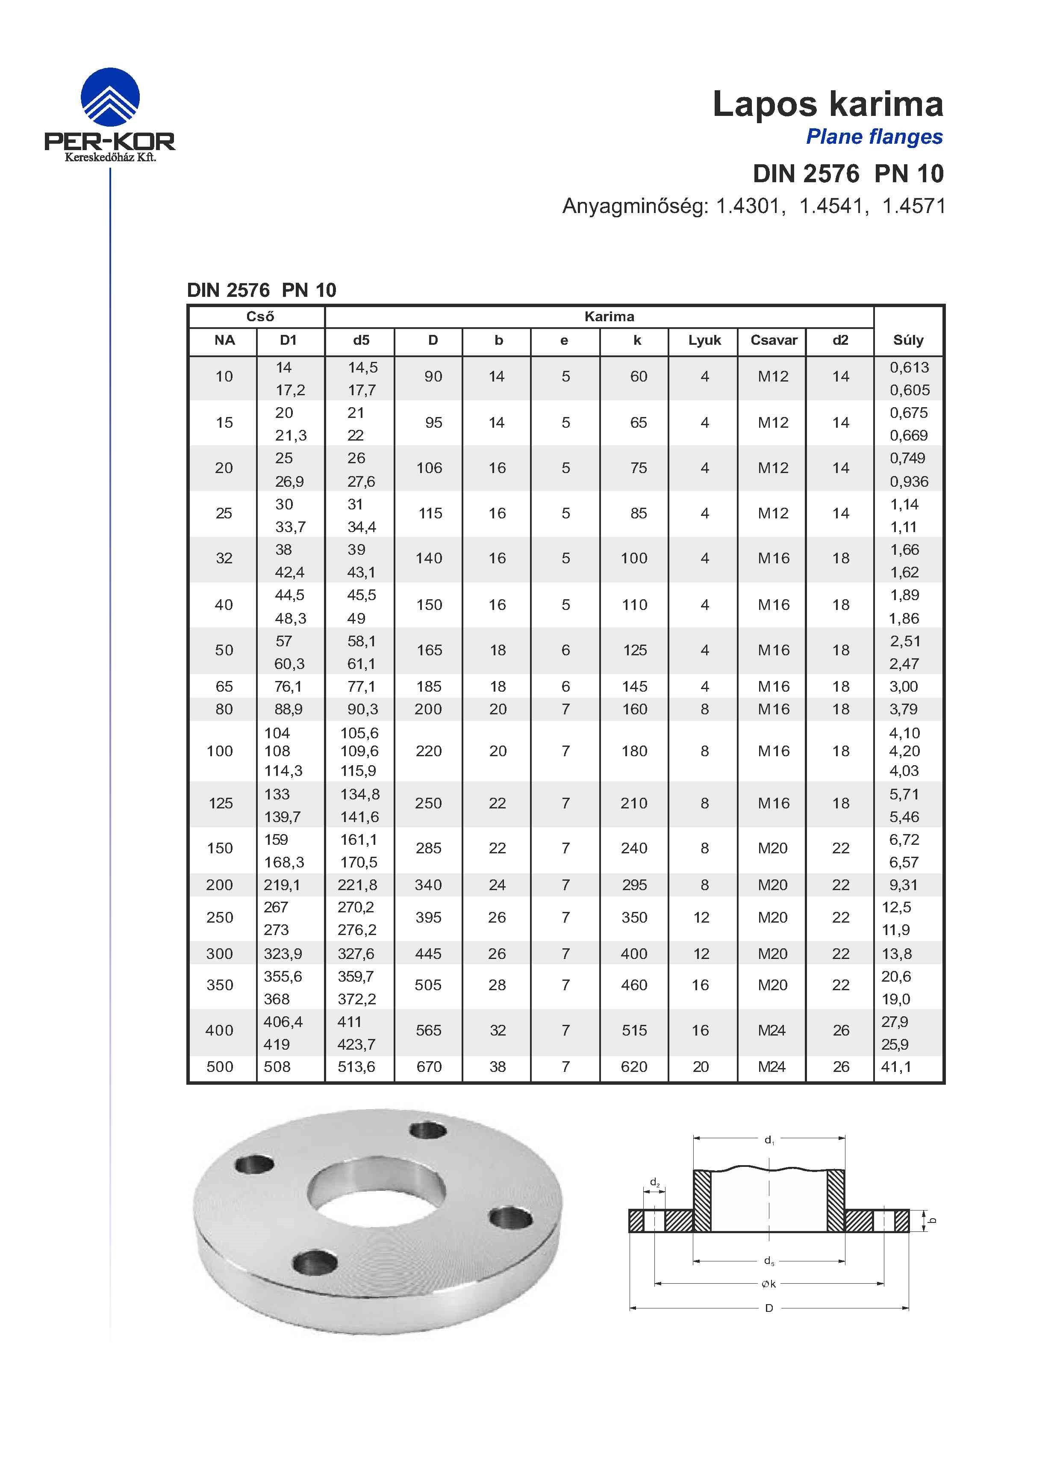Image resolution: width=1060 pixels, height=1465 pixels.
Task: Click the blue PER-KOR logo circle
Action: [x=110, y=98]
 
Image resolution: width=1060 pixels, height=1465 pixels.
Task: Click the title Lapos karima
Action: [x=827, y=104]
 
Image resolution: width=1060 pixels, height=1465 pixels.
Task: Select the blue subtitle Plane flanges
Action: [x=874, y=137]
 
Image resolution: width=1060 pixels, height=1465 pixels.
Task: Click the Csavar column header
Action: [x=773, y=340]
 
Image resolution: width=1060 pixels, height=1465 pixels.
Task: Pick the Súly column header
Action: [x=908, y=340]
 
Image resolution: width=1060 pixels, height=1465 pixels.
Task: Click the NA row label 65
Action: [x=224, y=687]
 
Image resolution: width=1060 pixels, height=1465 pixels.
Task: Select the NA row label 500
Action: [x=220, y=1067]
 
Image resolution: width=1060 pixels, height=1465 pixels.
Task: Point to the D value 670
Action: [x=429, y=1067]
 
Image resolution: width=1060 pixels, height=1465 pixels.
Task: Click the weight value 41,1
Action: [x=896, y=1067]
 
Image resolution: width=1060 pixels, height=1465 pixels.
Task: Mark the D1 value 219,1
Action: [x=282, y=885]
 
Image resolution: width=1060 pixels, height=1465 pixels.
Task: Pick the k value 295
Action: [x=634, y=885]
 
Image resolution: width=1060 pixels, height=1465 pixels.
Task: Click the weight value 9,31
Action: [x=903, y=885]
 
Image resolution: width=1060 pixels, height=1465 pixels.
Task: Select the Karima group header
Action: [x=609, y=317]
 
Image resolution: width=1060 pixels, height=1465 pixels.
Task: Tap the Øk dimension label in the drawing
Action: [x=768, y=1284]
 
